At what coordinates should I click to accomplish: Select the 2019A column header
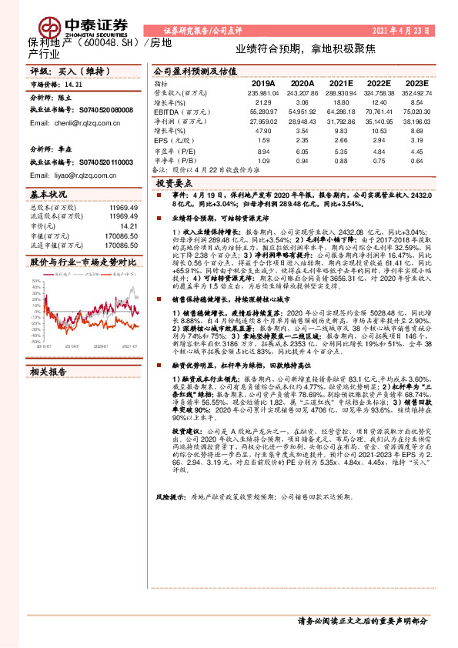(x=263, y=82)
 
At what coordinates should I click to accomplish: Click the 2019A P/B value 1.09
(x=264, y=160)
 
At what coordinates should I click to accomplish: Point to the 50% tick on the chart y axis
(x=36, y=282)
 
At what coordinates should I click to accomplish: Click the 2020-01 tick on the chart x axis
(x=102, y=346)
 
